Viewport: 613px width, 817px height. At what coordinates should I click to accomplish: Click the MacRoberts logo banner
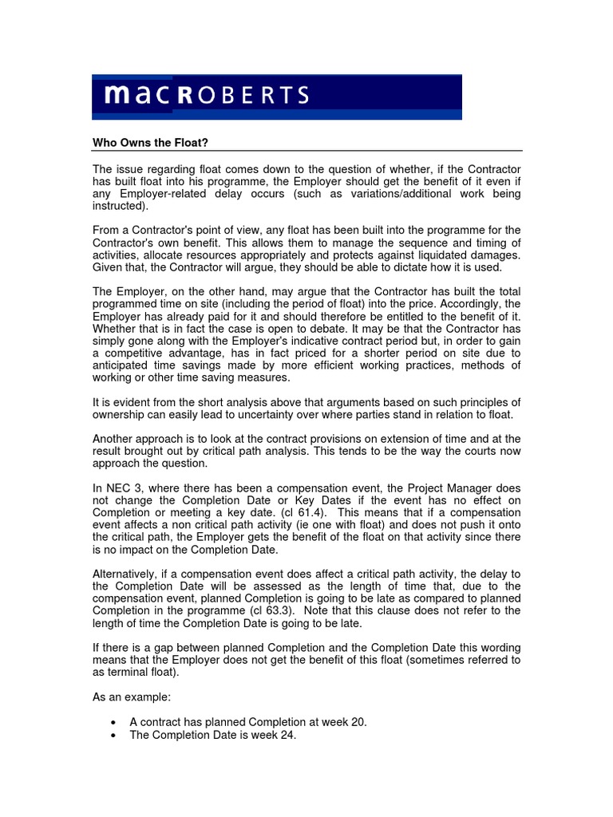[x=276, y=97]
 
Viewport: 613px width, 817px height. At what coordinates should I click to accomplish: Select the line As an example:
[x=131, y=697]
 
